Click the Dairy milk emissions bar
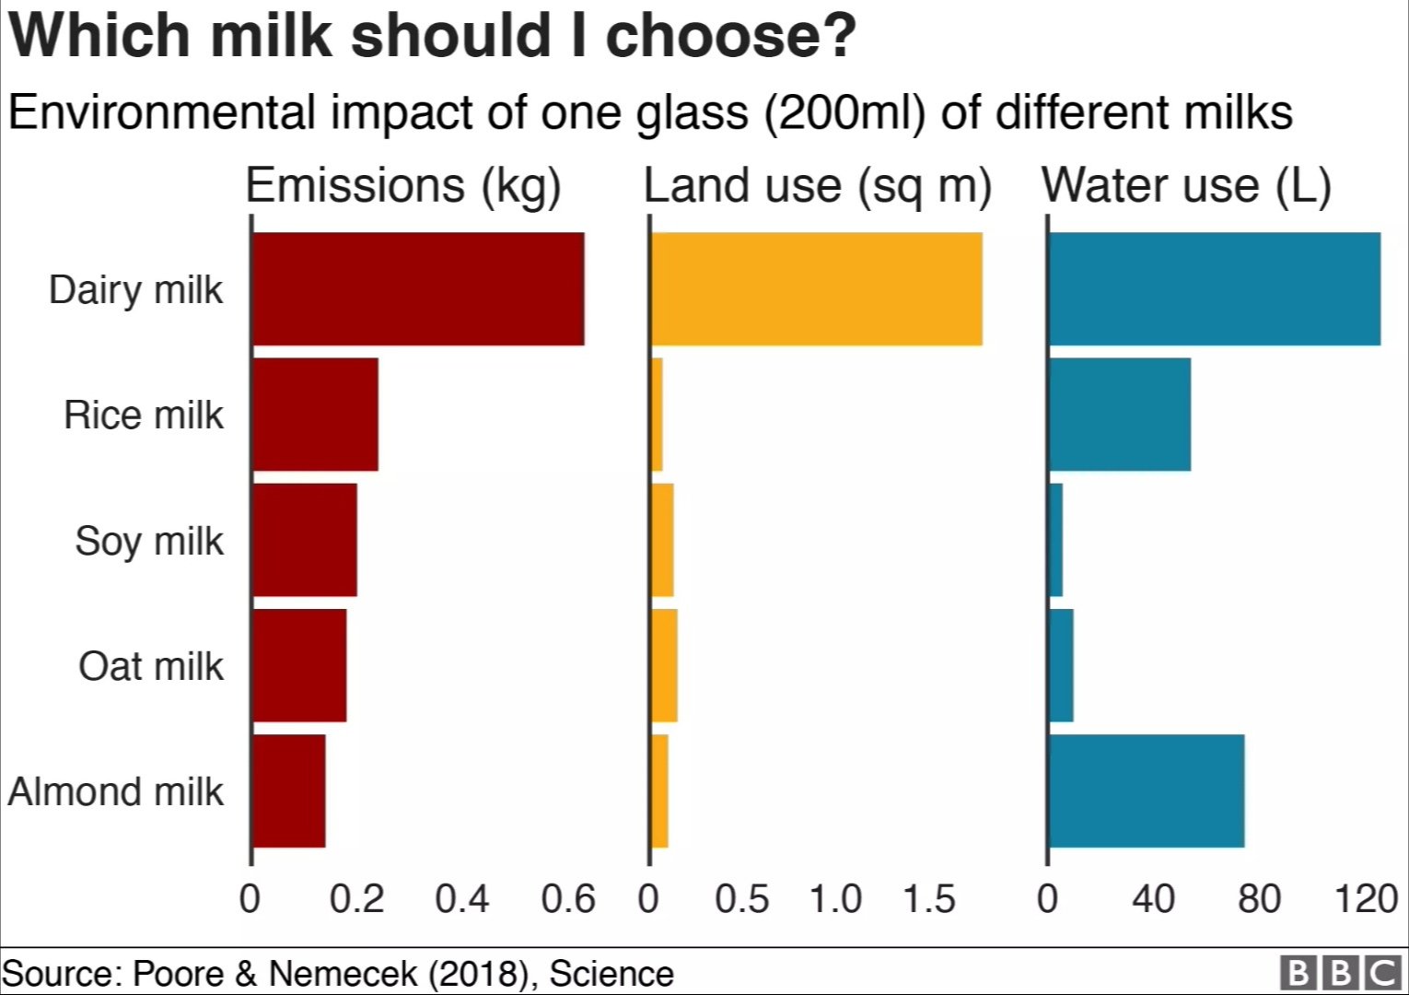[x=418, y=288]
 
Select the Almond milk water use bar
[x=1147, y=790]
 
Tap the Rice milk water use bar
[x=1120, y=415]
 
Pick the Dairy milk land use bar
[x=817, y=288]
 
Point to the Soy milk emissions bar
[x=305, y=540]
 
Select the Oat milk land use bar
[x=665, y=665]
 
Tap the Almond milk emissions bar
[x=289, y=790]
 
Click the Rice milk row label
[x=144, y=416]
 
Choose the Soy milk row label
[x=149, y=541]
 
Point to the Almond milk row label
[x=116, y=791]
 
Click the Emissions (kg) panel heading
[x=403, y=186]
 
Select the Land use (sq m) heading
[x=818, y=186]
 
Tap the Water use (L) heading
[x=1186, y=186]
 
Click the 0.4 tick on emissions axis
[x=461, y=898]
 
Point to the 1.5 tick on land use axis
[x=928, y=898]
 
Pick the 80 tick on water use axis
[x=1259, y=898]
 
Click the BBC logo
[x=1340, y=973]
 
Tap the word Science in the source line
[x=611, y=974]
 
